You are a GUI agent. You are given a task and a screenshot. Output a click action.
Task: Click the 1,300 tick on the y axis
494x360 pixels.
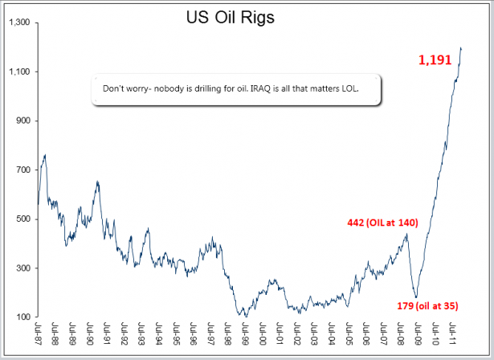pyautogui.click(x=18, y=23)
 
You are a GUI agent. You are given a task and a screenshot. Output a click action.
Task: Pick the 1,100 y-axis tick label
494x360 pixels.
pyautogui.click(x=18, y=72)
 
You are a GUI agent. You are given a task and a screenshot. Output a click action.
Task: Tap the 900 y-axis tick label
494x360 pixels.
pyautogui.click(x=21, y=121)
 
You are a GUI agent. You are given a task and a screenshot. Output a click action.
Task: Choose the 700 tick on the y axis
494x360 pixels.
pyautogui.click(x=21, y=170)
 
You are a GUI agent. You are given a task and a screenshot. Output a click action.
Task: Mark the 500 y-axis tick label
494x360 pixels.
pyautogui.click(x=21, y=219)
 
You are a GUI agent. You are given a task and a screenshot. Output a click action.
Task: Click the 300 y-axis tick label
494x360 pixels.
pyautogui.click(x=21, y=268)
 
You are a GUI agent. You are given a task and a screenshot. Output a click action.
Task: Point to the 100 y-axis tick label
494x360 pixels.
pyautogui.click(x=21, y=317)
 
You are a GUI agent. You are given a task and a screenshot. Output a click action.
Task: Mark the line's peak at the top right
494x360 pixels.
pyautogui.click(x=461, y=48)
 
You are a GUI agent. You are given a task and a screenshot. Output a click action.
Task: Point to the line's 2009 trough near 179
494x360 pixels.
pyautogui.click(x=415, y=297)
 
